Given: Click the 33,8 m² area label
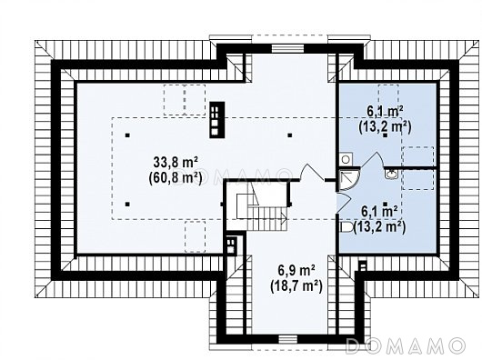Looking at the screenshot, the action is click(x=176, y=163).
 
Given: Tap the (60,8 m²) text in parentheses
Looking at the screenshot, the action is click(x=176, y=178).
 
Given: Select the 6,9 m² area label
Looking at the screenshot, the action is click(x=296, y=271).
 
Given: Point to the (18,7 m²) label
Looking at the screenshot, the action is click(x=296, y=286).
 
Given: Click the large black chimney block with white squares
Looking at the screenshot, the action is click(x=217, y=120).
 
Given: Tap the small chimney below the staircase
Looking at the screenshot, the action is click(x=231, y=245).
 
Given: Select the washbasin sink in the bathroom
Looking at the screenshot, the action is click(x=391, y=175).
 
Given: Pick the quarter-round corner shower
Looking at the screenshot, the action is click(x=349, y=180).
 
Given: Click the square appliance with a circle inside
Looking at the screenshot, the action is click(x=346, y=160).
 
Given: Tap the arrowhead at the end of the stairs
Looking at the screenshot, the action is click(x=285, y=218).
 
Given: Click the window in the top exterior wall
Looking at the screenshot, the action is click(x=288, y=48).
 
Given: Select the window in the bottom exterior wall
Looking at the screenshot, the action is click(x=288, y=339).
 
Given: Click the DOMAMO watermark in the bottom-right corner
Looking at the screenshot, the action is click(x=406, y=345).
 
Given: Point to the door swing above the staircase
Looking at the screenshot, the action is click(x=311, y=173).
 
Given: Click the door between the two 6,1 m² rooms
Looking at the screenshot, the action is click(x=374, y=160).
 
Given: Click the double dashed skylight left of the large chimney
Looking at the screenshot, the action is click(x=185, y=100).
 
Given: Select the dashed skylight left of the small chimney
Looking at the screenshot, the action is click(x=195, y=236).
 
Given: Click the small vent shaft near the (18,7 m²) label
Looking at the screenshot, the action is click(x=363, y=265).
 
